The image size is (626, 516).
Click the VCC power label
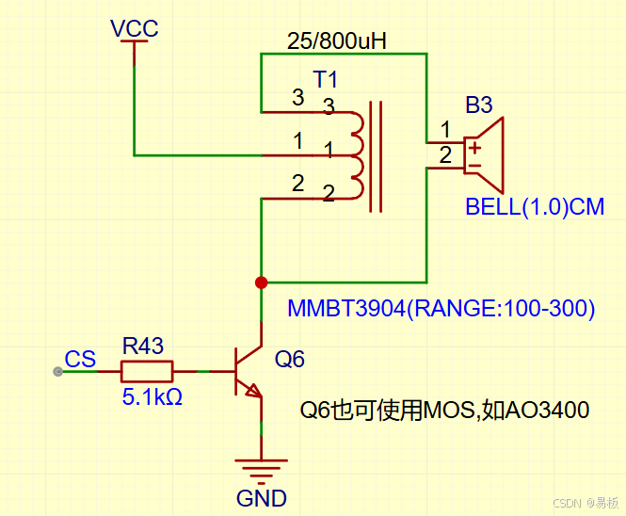tap(135, 28)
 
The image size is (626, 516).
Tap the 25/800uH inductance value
tap(337, 40)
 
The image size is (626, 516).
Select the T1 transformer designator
tap(326, 79)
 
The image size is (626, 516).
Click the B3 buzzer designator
tap(479, 105)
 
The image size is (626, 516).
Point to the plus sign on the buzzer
tap(474, 148)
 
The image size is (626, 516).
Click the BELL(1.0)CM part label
tap(535, 207)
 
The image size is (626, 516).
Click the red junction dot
tap(261, 282)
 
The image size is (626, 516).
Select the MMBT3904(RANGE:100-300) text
tap(441, 308)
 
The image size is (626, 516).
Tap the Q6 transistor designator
tap(289, 359)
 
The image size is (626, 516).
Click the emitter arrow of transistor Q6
tap(253, 391)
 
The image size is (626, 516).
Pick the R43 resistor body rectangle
tap(147, 371)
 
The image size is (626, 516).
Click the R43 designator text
tap(143, 346)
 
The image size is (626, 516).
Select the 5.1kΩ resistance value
tap(152, 397)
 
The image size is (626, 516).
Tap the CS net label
tap(80, 359)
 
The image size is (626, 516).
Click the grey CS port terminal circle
tap(57, 372)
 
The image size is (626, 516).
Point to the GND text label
tap(262, 498)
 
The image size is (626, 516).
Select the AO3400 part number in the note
tap(547, 411)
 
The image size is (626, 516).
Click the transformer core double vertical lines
tap(376, 156)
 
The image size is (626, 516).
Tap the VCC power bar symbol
tap(134, 41)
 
